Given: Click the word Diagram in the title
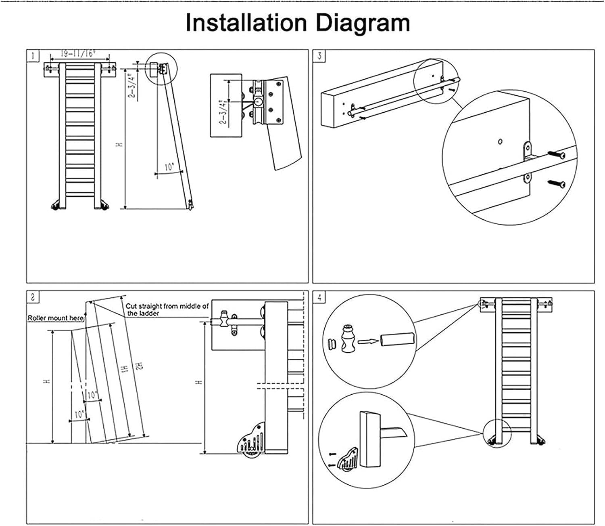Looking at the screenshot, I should pos(363,23).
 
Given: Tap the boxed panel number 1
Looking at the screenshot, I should pos(33,55).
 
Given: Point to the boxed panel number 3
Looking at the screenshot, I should pos(319,55).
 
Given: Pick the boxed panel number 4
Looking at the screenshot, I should pos(319,298).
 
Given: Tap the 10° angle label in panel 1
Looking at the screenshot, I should pos(169,167).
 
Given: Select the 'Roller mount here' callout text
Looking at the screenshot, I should pos(56,318).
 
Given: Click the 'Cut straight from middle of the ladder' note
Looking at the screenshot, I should pos(167,309).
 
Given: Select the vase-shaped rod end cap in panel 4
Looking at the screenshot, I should pos(347,339).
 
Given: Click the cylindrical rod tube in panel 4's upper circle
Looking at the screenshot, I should pos(397,339).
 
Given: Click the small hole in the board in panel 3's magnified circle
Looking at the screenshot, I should pos(500,141).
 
